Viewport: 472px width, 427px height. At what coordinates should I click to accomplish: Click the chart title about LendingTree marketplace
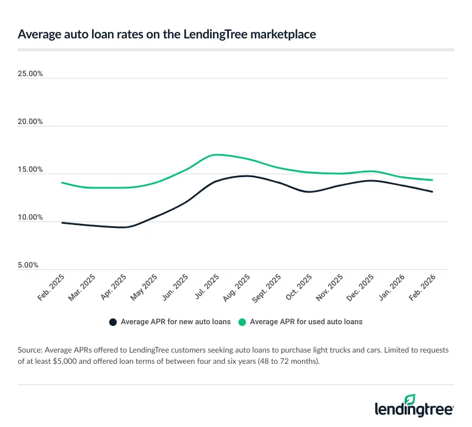pos(166,34)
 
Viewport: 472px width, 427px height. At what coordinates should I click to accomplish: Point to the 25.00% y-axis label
pos(31,74)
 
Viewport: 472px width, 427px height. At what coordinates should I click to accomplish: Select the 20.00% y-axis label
pos(31,122)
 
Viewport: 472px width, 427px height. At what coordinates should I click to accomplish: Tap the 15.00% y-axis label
pos(31,170)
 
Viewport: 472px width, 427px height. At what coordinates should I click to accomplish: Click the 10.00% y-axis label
pos(31,218)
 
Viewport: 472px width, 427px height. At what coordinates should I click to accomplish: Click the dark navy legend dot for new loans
pos(113,322)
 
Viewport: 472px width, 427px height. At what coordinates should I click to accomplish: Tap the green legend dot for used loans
pos(242,322)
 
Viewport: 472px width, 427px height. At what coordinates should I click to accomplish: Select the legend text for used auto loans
pos(306,322)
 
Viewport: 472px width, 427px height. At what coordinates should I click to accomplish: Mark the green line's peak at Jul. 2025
pos(216,155)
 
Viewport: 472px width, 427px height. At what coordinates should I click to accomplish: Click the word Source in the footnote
pos(32,350)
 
